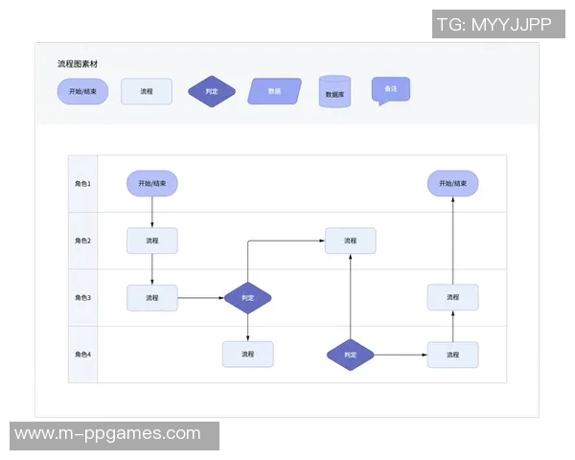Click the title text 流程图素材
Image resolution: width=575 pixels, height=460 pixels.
(x=78, y=64)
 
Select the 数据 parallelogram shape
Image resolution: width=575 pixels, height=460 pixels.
(x=275, y=91)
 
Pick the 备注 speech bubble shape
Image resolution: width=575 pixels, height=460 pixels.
(x=390, y=89)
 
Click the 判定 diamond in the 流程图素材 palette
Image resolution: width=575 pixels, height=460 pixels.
(x=212, y=92)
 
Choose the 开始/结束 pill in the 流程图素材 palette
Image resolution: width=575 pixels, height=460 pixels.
(x=83, y=92)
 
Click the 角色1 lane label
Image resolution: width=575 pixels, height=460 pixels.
(x=83, y=183)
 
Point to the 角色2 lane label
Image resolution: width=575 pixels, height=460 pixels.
(x=83, y=241)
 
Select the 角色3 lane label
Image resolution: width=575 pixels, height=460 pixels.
(x=83, y=298)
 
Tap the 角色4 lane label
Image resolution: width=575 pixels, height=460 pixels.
(x=83, y=355)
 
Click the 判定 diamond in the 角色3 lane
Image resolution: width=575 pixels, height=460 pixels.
(x=248, y=298)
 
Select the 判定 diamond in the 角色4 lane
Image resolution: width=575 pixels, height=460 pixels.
(x=350, y=355)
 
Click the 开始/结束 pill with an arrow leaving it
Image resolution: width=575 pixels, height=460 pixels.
(x=152, y=183)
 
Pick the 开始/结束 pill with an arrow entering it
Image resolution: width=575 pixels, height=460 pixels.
(x=452, y=183)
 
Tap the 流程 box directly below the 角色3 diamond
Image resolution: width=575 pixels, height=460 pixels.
(x=248, y=355)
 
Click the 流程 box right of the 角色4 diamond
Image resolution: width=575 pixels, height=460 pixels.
(x=452, y=355)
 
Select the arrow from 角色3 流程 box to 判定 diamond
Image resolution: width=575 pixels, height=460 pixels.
(x=200, y=298)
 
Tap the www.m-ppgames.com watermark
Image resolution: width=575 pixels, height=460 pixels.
(x=107, y=434)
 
